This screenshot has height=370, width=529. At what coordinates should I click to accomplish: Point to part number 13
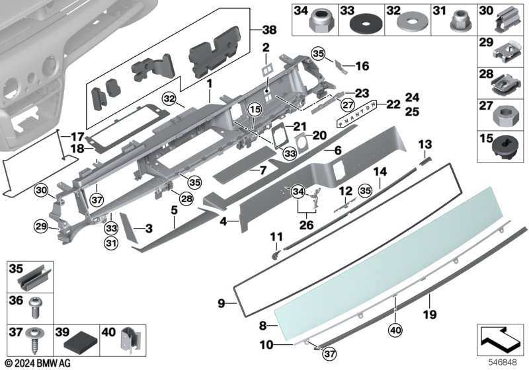click(x=425, y=145)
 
